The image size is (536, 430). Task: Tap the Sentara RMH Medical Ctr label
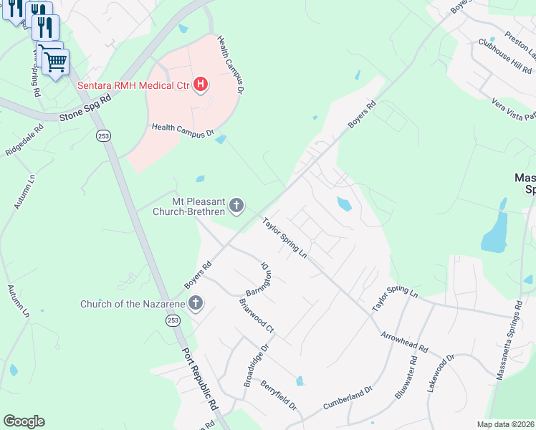coord(133,86)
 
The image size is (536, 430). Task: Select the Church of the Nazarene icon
coord(196,304)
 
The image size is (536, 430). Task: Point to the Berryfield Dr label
coord(279,395)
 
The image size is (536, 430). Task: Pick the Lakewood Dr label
coord(441,373)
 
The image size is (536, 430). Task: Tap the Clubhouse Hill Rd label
coord(505,57)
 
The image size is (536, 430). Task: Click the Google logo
coord(24,421)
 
